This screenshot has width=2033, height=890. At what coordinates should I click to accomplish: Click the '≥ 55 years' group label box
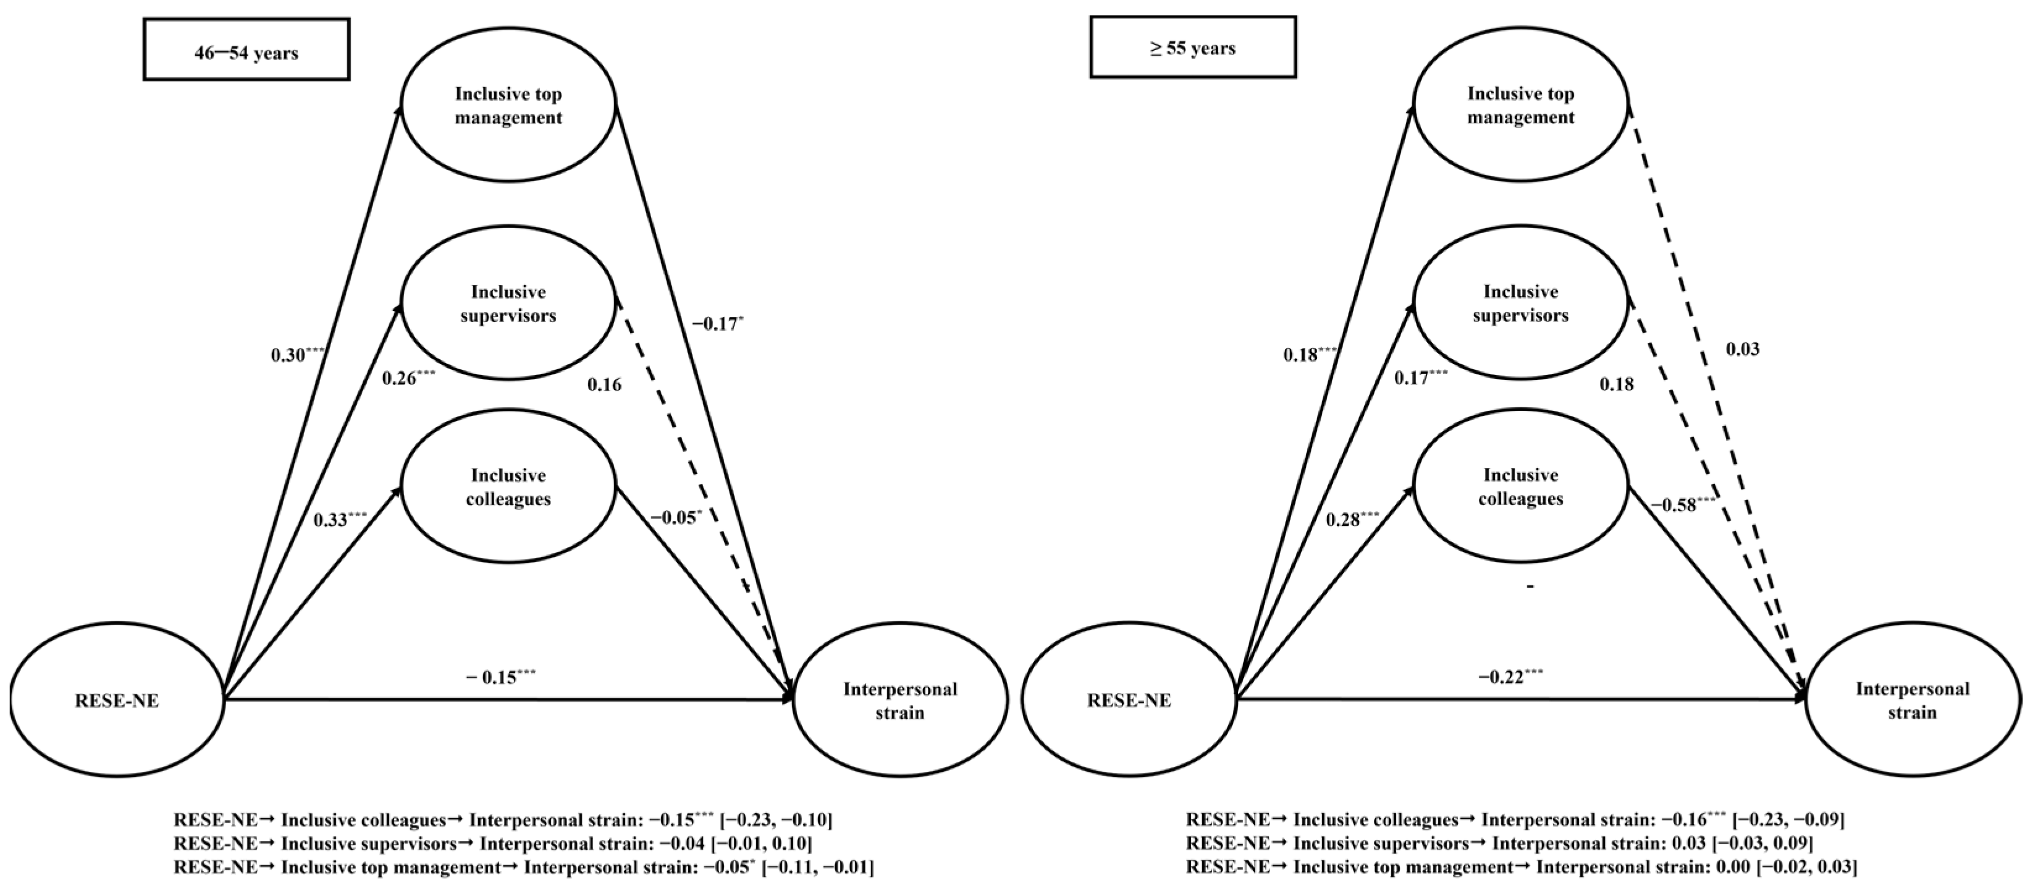(1192, 48)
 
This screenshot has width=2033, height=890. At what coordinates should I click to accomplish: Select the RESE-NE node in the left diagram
(117, 700)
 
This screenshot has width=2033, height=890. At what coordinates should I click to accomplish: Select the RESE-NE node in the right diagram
(1129, 700)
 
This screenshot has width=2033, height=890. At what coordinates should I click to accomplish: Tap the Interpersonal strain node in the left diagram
(899, 700)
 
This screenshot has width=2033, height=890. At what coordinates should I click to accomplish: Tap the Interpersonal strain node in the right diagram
(1913, 700)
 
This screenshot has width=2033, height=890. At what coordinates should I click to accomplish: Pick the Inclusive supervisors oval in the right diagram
(1520, 304)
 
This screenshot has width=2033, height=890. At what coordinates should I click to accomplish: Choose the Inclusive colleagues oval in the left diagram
(508, 487)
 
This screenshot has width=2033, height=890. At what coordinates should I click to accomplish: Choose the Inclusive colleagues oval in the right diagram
(1520, 487)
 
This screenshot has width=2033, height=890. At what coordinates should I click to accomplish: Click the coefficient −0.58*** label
(1681, 504)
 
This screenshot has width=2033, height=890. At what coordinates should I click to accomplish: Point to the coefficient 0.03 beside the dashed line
(1743, 349)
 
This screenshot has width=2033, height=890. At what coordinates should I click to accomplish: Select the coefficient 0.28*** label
(1352, 520)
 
